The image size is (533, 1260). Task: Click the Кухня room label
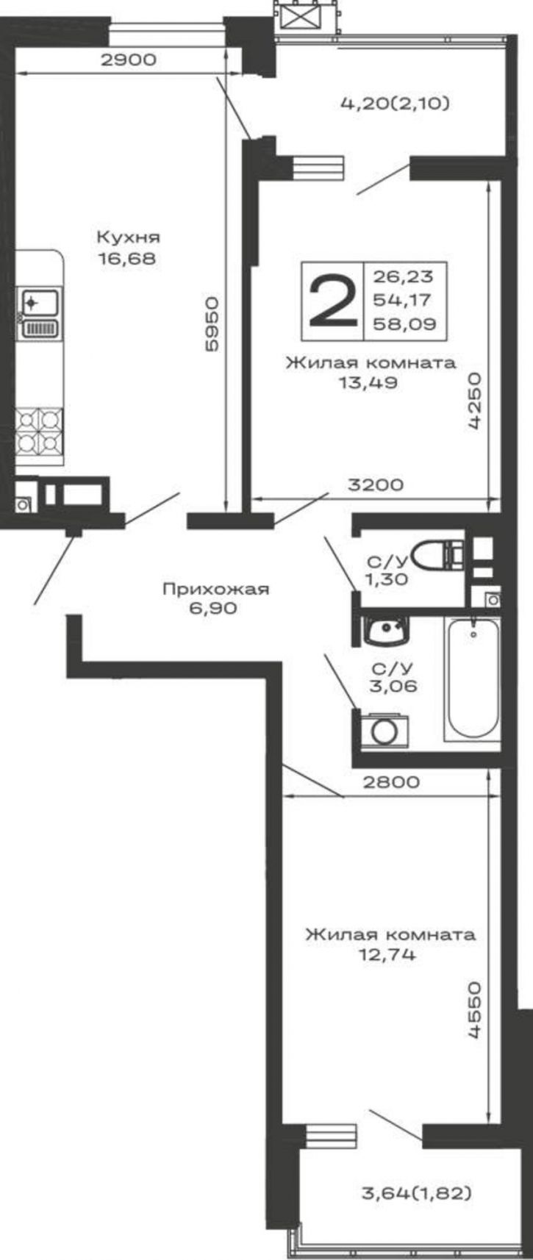[x=129, y=237]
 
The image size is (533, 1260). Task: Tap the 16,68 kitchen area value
[x=126, y=259]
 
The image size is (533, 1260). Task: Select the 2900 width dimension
[x=128, y=60]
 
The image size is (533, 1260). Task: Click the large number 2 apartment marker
[x=332, y=303]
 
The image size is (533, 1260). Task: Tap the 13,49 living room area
[x=368, y=383]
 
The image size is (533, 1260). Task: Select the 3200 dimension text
[x=376, y=485]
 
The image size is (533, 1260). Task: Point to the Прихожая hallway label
[x=216, y=589]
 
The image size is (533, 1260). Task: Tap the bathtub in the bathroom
[x=472, y=679]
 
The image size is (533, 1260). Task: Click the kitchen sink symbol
[x=40, y=314]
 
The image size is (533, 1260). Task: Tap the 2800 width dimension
[x=390, y=782]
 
